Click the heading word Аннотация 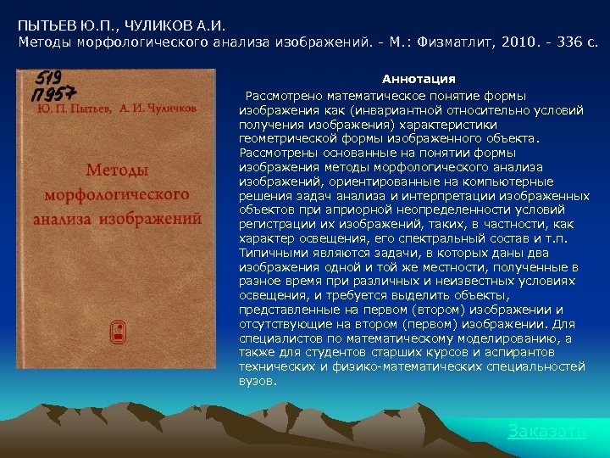[x=419, y=79]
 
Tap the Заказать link [x=546, y=431]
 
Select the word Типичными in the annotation [x=270, y=253]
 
